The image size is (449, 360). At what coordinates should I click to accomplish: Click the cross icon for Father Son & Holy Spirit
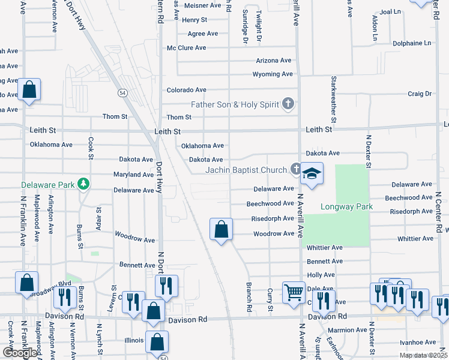point(288,104)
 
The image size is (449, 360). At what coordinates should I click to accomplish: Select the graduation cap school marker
point(312,173)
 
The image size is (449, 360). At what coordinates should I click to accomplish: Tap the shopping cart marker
point(294,293)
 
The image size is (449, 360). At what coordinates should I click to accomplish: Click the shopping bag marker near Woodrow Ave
point(221,229)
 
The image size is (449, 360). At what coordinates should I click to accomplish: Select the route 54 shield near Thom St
point(122,93)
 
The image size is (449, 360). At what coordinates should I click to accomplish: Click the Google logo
point(20,352)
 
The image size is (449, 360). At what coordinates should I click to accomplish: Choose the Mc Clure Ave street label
point(187,48)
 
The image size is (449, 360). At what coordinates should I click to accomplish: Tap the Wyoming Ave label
point(273,74)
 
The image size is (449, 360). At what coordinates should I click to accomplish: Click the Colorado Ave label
point(186,90)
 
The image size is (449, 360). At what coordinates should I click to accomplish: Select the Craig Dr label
point(420,94)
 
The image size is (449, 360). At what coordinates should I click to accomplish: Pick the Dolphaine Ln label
point(411,43)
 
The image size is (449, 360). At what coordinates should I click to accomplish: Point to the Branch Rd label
point(248,296)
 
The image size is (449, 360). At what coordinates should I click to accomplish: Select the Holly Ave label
point(321,275)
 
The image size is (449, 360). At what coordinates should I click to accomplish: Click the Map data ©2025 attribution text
point(423,355)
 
